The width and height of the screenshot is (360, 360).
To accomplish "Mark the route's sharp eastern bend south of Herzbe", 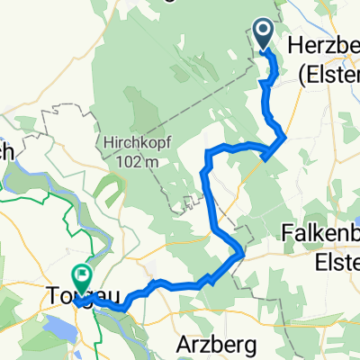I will click(285, 136).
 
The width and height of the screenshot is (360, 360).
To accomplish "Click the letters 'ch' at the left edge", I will click(5, 152).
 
